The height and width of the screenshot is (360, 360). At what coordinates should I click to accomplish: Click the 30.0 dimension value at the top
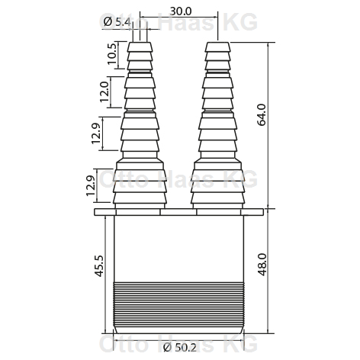click(181, 11)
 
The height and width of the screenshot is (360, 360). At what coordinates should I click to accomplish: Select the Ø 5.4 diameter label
click(117, 22)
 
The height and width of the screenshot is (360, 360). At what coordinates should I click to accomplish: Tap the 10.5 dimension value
click(112, 53)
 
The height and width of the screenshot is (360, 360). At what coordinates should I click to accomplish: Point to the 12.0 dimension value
click(104, 92)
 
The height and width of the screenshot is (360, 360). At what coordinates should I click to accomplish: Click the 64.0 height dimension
click(262, 114)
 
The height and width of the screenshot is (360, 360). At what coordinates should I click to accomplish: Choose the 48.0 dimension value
click(262, 265)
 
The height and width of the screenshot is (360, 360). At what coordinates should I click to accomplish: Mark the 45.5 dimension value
click(98, 266)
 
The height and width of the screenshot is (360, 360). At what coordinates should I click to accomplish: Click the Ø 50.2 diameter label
click(180, 347)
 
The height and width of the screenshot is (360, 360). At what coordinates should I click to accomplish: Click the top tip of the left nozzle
click(140, 43)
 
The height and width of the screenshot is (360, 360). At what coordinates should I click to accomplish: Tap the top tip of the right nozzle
click(217, 43)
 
